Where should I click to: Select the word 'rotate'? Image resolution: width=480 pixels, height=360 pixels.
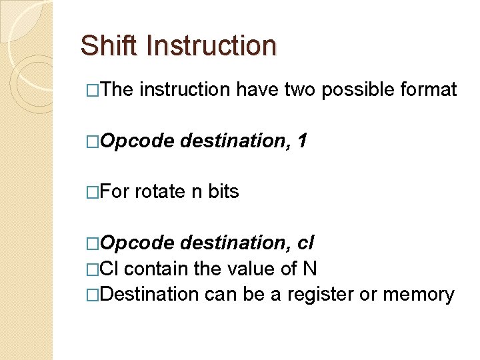160,192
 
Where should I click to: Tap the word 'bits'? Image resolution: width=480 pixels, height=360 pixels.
223,192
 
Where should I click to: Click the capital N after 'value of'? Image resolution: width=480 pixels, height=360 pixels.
309,269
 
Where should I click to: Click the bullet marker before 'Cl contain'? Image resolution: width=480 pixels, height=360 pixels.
92,269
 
